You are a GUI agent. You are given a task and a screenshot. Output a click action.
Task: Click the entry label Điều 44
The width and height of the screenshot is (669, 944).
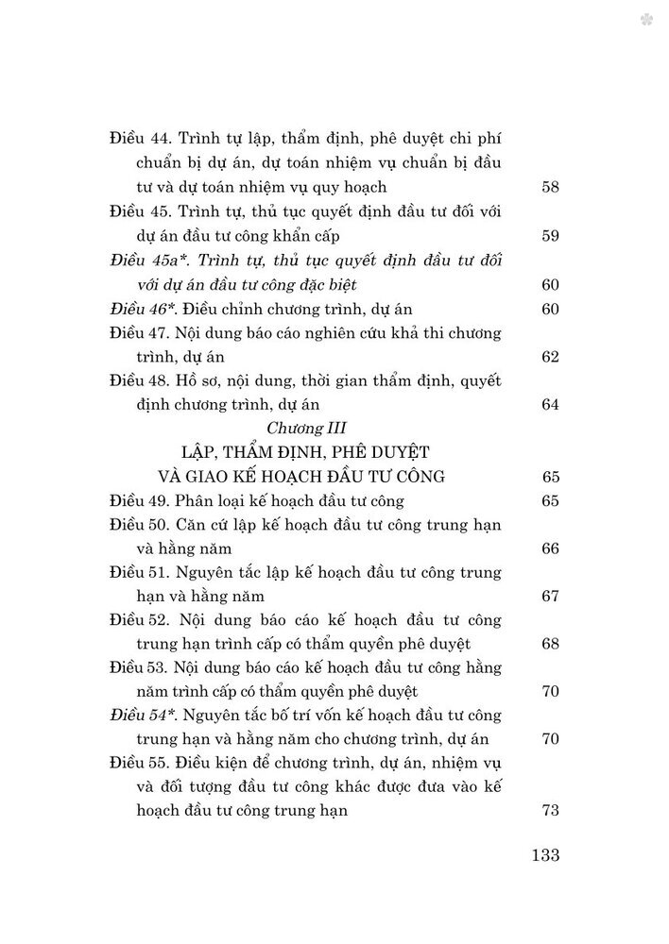[x=138, y=137]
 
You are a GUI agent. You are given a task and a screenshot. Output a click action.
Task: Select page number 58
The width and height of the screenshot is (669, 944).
[x=551, y=186]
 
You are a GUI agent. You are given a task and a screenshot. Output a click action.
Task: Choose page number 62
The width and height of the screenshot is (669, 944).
[x=551, y=358]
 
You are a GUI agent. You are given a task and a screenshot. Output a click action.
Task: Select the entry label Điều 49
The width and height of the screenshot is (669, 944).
[x=138, y=500]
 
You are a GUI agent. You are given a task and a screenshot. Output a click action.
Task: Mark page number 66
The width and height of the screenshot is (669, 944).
[x=551, y=548]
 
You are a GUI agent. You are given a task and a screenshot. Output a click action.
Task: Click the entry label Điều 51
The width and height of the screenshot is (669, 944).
[x=138, y=572]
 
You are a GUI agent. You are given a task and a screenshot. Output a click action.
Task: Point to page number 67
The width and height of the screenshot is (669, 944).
[x=551, y=597]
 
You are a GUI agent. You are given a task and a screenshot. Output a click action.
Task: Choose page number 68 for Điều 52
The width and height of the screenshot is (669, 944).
[x=551, y=644]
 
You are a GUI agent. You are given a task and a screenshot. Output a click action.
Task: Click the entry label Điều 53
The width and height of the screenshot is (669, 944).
[x=138, y=667]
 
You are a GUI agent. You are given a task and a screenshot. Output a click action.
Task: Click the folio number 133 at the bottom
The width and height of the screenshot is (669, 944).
[x=546, y=856]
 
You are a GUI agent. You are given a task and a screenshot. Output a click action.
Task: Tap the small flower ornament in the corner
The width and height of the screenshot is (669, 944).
[x=646, y=19]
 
